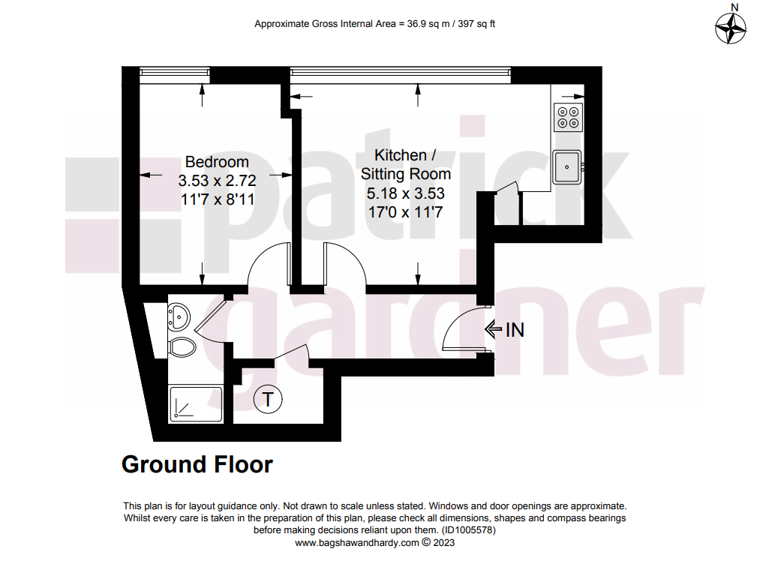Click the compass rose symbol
coord(731,28)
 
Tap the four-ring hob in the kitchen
coord(568,117)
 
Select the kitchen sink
coord(567,167)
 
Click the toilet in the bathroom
coord(182,346)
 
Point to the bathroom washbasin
coord(179,317)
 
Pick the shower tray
coord(196,404)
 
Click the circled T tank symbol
coord(268,400)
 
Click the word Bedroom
coord(217,162)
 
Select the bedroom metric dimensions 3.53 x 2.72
coord(217,181)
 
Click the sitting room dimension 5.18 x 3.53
coord(405,193)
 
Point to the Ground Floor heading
coord(197,464)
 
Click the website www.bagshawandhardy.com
coord(356,542)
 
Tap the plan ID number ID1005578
coord(467,530)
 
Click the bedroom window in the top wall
coord(175,73)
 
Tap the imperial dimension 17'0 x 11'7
coord(405,212)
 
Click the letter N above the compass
coord(734,7)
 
